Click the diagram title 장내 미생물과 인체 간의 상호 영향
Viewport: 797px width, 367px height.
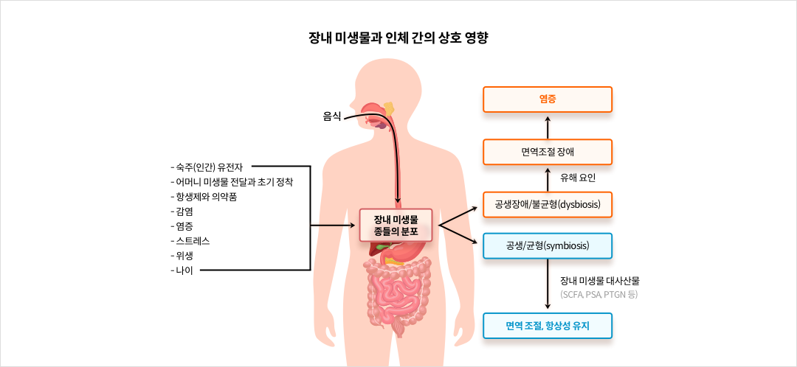point(398,38)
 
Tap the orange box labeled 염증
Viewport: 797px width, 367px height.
point(547,99)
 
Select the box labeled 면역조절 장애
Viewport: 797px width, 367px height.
point(547,152)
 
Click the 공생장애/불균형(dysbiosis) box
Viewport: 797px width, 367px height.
point(547,204)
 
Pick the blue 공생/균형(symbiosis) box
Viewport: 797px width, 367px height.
point(547,245)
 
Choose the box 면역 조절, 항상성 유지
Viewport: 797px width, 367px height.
point(547,325)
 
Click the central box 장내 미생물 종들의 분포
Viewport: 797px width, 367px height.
point(396,225)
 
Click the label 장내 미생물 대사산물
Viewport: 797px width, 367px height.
point(599,280)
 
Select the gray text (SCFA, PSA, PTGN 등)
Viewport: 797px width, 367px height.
point(598,295)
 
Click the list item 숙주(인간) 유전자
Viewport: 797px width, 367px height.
point(211,167)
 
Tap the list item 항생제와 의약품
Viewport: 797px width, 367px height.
point(206,196)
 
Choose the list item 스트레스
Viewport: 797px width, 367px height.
point(195,240)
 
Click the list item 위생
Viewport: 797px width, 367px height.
point(183,255)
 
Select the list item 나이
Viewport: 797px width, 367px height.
point(183,270)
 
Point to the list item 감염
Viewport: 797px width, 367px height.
point(183,211)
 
